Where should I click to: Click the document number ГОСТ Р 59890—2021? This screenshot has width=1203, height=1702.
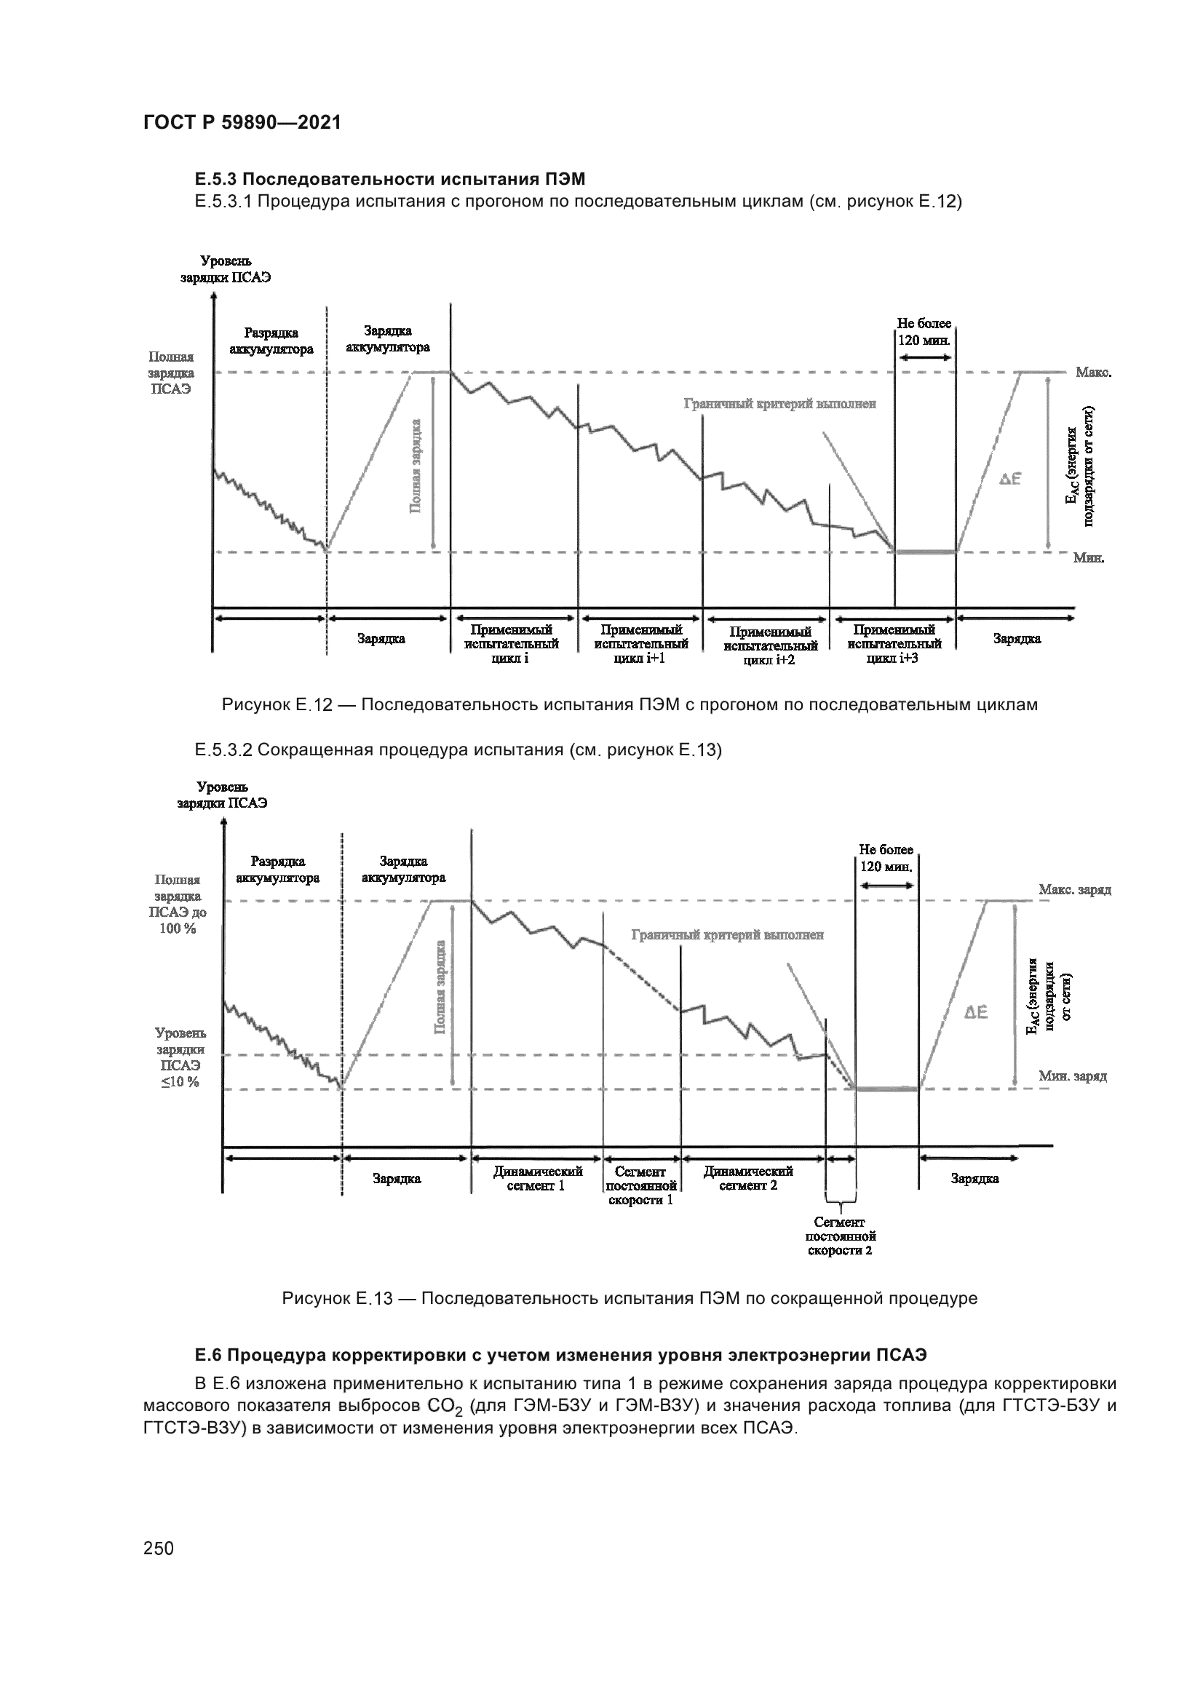[242, 123]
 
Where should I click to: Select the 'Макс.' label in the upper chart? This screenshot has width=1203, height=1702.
[1092, 372]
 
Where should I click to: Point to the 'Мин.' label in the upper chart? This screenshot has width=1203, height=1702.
[1088, 557]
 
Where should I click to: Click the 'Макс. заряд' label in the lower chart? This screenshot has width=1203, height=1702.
[1074, 889]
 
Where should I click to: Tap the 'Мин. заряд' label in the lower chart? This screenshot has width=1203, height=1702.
[1072, 1076]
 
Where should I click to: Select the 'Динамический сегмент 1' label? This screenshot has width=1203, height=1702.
[537, 1178]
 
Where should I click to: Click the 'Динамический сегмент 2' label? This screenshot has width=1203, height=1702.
[748, 1178]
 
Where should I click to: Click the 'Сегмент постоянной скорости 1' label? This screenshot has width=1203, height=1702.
[640, 1185]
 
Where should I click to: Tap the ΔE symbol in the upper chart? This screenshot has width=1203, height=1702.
[1009, 480]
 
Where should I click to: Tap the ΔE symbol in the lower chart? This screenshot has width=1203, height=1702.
[976, 1013]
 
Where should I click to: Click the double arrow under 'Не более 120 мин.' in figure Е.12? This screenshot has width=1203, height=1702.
[924, 357]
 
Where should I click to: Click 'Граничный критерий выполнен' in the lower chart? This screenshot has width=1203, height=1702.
[727, 936]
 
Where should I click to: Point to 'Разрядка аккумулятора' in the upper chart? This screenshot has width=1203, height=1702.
[271, 341]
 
